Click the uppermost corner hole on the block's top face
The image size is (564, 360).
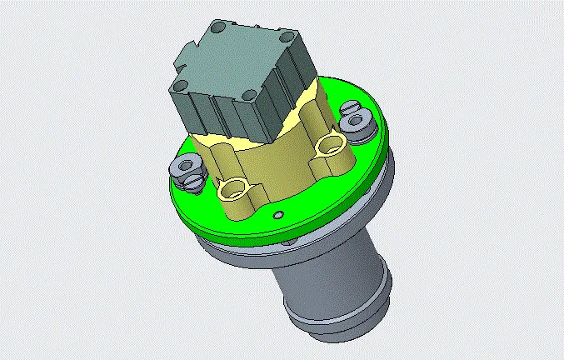point(218,28)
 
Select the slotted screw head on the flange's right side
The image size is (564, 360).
point(351,111)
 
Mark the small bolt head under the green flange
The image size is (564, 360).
point(289,242)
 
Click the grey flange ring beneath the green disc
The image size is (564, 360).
point(250,250)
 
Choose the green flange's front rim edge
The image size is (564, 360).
point(275,228)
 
